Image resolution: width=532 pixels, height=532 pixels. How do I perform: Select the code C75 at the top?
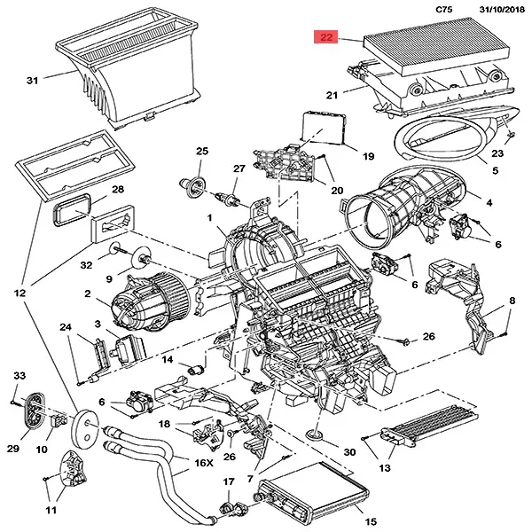pos(447,9)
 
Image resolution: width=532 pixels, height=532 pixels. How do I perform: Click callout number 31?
pos(32,81)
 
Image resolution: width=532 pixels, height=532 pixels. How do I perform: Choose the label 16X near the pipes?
pos(204,463)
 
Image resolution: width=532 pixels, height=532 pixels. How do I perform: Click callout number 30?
pos(348,452)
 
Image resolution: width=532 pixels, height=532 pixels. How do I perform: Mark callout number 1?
pos(209,217)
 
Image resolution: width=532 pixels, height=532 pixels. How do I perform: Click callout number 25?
pos(202,152)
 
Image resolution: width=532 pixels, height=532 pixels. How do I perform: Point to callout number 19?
pos(343,156)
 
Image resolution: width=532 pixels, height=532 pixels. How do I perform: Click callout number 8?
pos(512,303)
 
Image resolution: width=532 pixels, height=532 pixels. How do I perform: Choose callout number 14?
pos(167,360)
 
